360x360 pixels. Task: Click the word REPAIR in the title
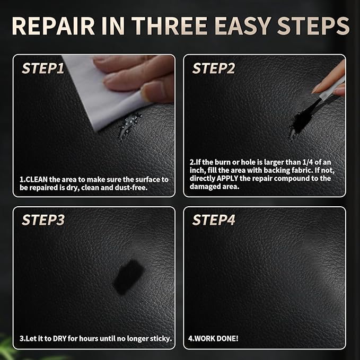tap(53, 25)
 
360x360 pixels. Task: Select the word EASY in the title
tap(243, 25)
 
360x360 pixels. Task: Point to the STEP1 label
tap(43, 68)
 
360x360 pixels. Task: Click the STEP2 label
tap(214, 68)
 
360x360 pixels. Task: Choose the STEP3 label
tap(43, 219)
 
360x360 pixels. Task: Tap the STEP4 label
tap(214, 219)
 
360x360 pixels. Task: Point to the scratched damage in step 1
tap(128, 126)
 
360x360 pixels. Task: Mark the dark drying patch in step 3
tap(128, 277)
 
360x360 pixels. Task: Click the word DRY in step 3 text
tap(59, 339)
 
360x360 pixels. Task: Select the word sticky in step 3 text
tap(161, 339)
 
